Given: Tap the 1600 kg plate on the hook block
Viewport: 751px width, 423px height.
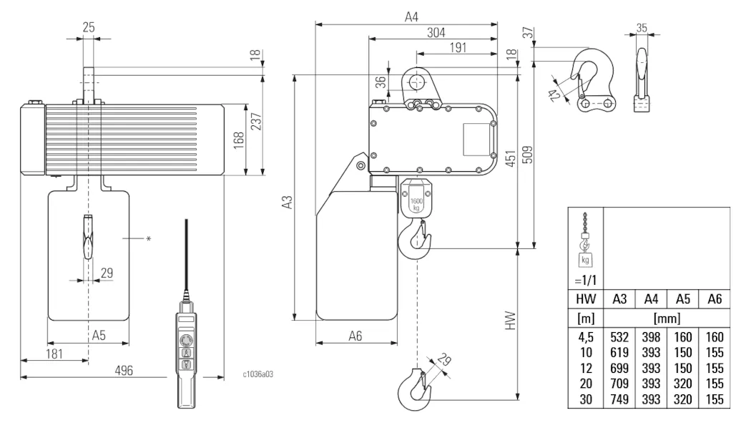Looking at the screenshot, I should tap(416, 204).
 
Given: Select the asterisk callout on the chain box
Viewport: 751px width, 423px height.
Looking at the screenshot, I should tap(148, 238).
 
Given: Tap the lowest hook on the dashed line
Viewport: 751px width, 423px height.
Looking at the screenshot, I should tap(414, 387).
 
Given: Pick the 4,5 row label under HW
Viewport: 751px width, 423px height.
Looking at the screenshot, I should tap(586, 336).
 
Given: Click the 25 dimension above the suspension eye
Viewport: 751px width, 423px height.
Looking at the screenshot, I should tap(89, 26).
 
